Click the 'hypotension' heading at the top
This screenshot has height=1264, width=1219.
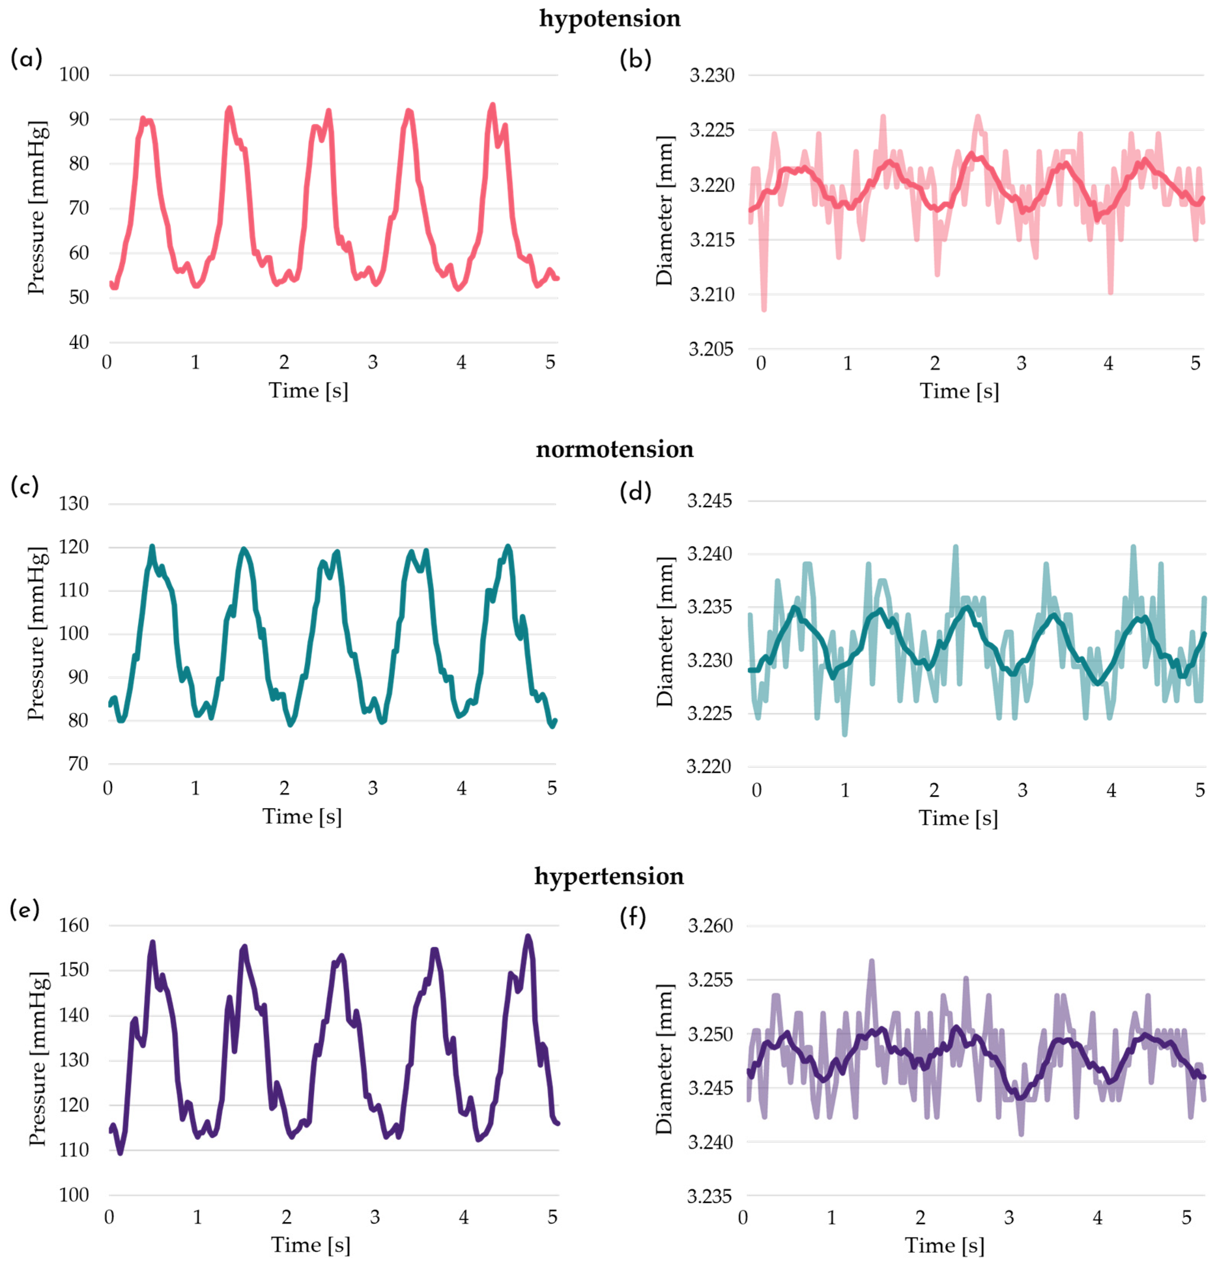610,19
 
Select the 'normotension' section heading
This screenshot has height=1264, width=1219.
615,449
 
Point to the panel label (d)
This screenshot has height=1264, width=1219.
635,492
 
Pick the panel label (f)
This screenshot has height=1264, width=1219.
632,916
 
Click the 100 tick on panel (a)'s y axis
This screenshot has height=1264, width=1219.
74,74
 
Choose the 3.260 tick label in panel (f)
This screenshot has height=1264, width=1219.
710,926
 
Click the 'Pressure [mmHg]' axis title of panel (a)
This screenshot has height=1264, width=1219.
37,208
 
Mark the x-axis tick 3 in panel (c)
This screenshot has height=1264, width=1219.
373,788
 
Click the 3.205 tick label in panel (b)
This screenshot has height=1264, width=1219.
711,349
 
